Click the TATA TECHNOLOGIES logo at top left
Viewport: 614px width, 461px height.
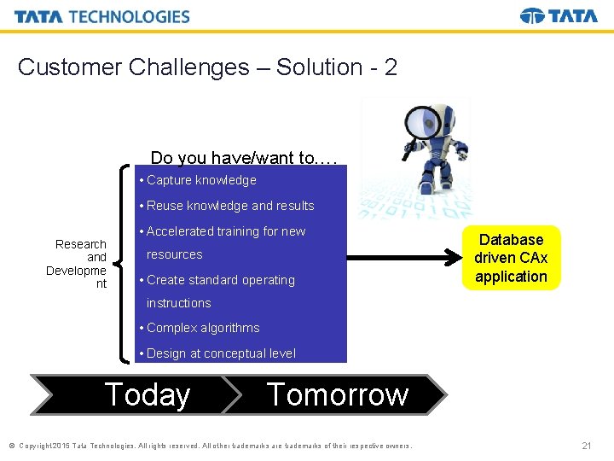pos(101,16)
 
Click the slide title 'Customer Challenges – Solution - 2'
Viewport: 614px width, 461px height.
pos(207,67)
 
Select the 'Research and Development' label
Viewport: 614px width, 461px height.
pos(77,264)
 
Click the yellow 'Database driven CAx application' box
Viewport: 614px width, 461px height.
pos(511,258)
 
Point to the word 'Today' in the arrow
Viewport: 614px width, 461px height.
pos(147,394)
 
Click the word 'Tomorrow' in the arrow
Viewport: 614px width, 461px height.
pos(338,394)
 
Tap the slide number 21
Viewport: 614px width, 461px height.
pos(586,446)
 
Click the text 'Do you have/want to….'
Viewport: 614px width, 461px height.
pos(244,157)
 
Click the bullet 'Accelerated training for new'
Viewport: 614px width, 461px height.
pos(226,231)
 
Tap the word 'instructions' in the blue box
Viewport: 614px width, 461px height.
pos(178,303)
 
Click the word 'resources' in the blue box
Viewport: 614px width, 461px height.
pos(174,254)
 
